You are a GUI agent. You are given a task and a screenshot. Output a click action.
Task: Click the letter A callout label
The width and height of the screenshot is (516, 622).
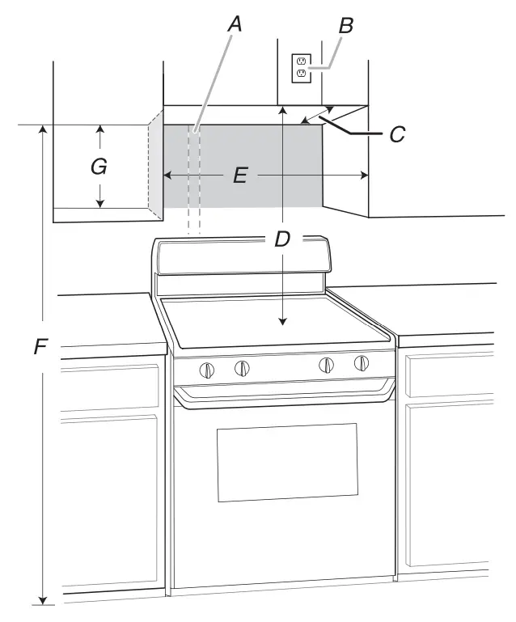point(235,23)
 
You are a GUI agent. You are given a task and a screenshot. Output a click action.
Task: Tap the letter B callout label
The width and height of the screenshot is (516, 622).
point(345,26)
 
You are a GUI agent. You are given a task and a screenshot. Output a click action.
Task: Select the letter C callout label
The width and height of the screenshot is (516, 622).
point(397,134)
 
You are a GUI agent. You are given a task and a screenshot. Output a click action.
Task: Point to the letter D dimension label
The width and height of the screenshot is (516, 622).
point(282,239)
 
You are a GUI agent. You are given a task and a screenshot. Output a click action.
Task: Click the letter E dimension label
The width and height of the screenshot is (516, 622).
point(240,175)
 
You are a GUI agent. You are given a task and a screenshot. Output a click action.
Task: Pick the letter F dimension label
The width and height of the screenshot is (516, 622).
point(41,346)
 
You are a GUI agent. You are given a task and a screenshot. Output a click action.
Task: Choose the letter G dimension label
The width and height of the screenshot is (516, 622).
point(99,166)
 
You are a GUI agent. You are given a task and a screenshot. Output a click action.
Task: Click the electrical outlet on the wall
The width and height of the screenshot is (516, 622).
point(302,68)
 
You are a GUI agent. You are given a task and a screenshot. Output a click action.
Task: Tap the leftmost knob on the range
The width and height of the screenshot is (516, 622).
point(206,370)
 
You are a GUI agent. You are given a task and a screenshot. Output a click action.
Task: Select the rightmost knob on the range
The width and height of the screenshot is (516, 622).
point(362,362)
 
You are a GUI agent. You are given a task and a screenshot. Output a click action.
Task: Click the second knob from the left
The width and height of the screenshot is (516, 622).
point(242,368)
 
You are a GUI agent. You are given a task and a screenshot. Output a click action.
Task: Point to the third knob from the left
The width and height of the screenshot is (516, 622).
point(326,365)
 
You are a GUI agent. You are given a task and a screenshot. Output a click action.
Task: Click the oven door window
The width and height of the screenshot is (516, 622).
point(287,462)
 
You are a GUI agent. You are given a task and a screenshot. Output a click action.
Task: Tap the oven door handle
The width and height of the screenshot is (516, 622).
point(285,393)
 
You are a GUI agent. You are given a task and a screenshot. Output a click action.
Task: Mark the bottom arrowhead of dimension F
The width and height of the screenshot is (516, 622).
point(44,600)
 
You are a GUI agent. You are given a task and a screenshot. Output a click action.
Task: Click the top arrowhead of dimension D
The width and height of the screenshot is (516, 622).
point(282,110)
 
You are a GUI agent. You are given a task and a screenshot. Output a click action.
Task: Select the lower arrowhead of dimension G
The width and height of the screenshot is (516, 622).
point(100,203)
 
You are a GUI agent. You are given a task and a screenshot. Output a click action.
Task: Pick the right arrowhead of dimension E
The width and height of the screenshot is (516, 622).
point(364,175)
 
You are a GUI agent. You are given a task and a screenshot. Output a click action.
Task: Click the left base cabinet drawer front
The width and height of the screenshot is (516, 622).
point(110,387)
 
